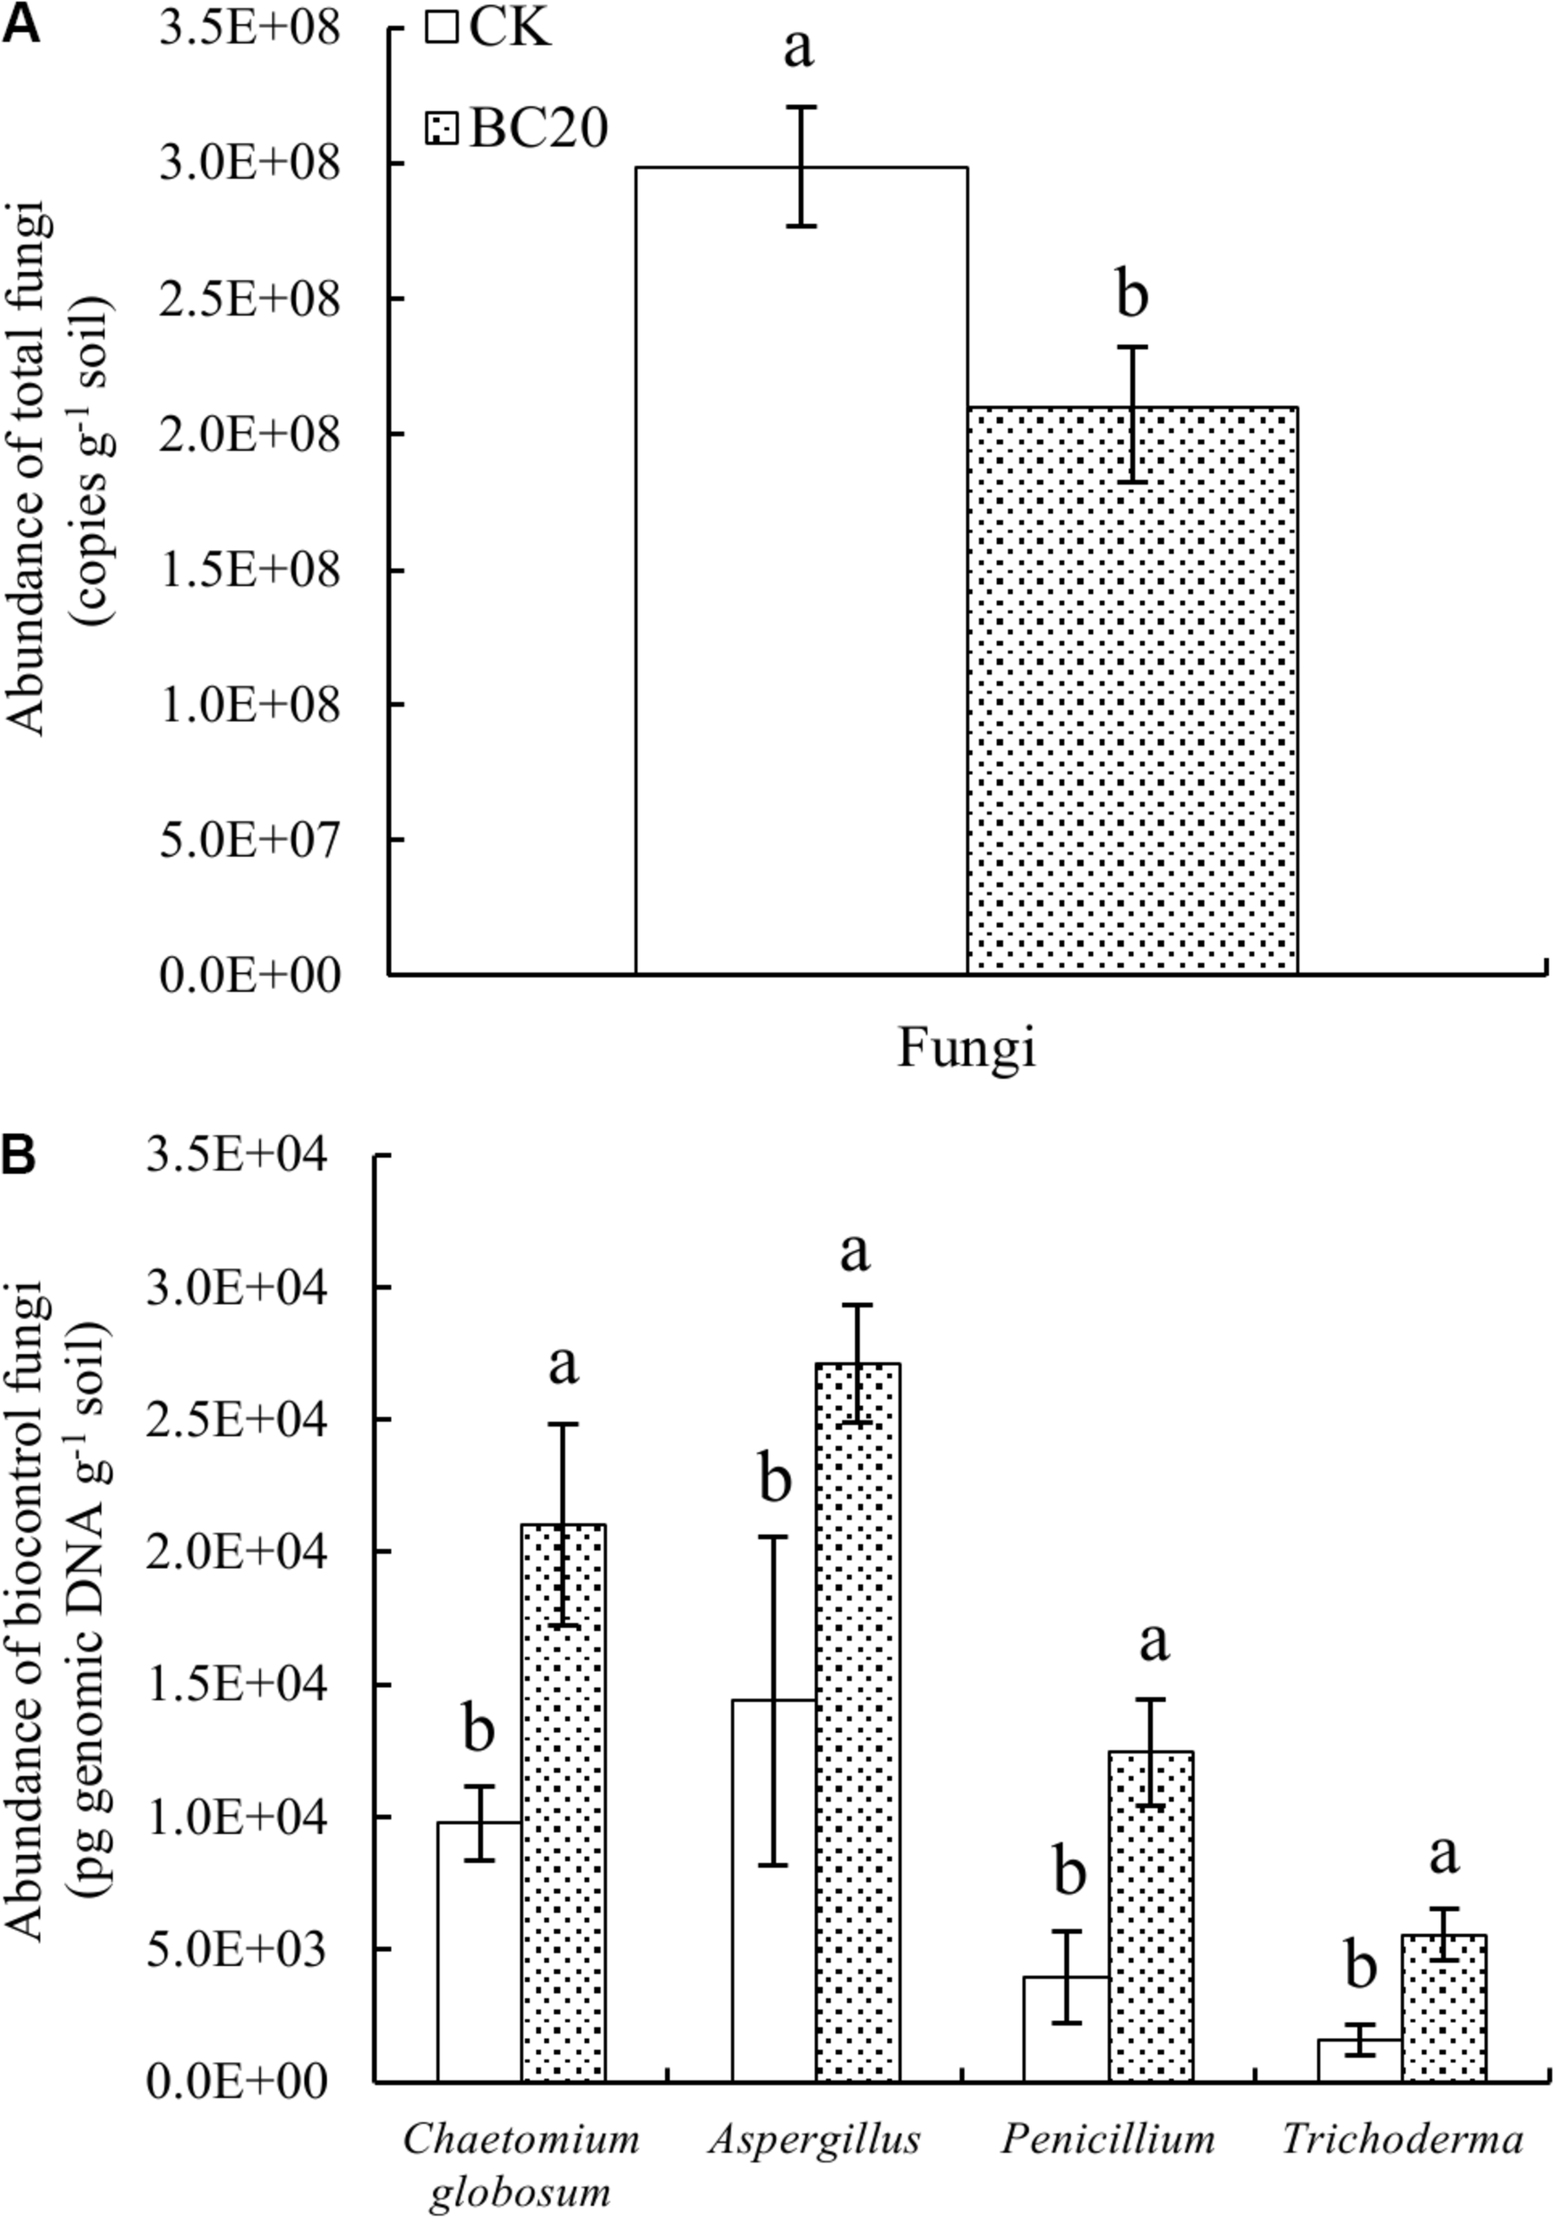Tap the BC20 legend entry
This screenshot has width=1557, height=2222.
click(519, 128)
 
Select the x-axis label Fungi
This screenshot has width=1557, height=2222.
click(966, 1047)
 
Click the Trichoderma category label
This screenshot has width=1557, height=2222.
click(1402, 2138)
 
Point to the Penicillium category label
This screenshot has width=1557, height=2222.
click(1108, 2138)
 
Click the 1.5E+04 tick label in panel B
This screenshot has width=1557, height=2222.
click(237, 1685)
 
